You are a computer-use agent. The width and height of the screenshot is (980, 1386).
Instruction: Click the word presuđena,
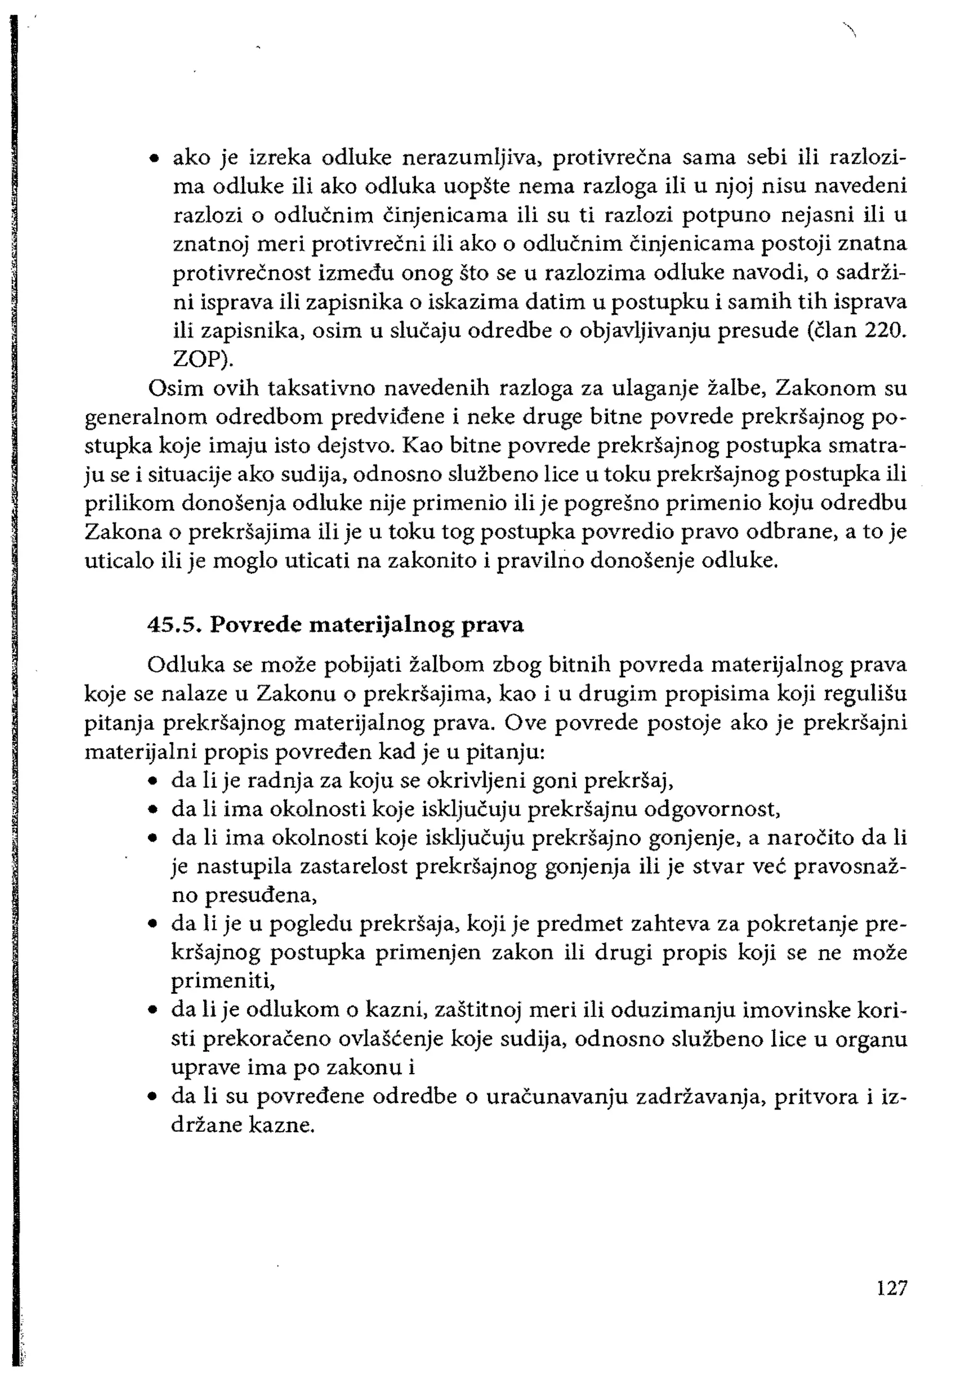pos(245,896)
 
